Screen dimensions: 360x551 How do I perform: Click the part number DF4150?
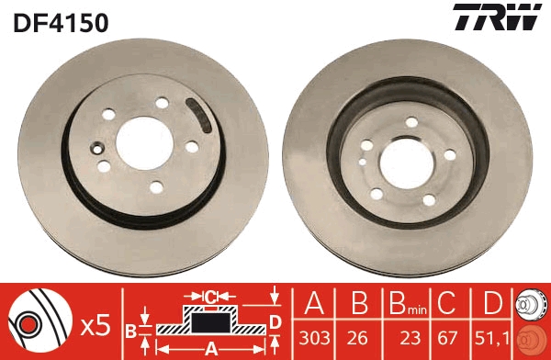pyautogui.click(x=61, y=21)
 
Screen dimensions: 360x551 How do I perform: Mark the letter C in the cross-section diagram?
pyautogui.click(x=209, y=296)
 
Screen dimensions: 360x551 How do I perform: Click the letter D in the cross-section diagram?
pyautogui.click(x=275, y=321)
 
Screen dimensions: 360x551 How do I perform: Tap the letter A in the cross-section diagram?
pyautogui.click(x=209, y=347)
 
